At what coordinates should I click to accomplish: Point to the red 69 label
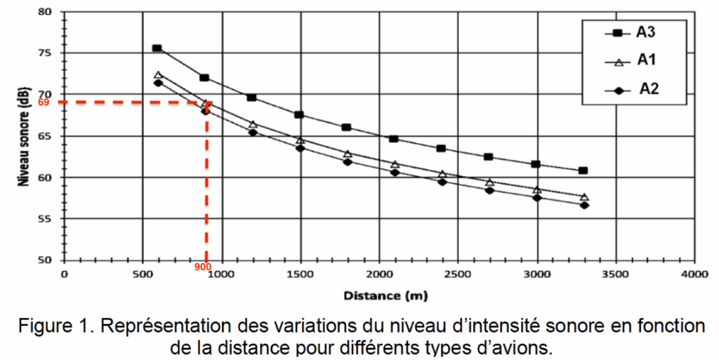[43, 102]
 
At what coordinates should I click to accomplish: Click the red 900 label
[204, 267]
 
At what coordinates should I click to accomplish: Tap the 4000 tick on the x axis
[694, 274]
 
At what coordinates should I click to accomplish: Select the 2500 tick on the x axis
[458, 274]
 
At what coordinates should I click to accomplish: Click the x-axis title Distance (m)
[380, 295]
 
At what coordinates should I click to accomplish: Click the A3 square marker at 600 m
[157, 48]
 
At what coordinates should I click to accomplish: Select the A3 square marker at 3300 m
[583, 171]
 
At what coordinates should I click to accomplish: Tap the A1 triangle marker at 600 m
[158, 74]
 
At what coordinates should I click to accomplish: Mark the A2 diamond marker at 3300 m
[584, 205]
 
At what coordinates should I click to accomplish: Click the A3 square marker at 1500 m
[299, 114]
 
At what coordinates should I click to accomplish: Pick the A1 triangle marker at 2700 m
[489, 182]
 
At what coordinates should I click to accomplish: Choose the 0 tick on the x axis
[64, 274]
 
